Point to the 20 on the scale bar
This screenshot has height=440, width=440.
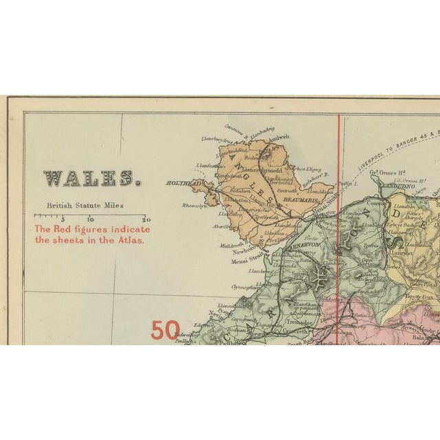click(146, 219)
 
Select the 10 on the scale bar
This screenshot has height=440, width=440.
click(90, 219)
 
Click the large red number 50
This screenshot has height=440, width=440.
click(166, 330)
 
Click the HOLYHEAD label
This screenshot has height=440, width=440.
click(181, 184)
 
